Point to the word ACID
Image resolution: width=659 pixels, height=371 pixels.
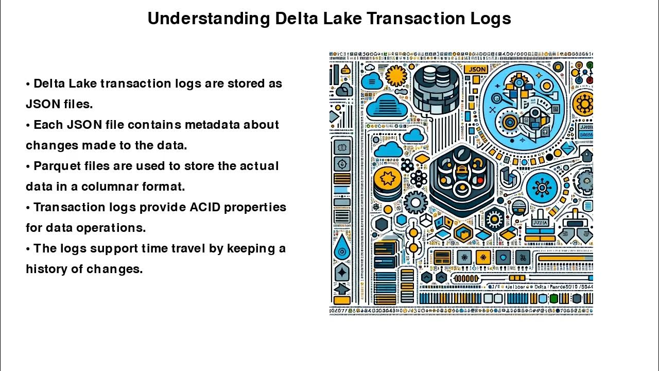click(204, 207)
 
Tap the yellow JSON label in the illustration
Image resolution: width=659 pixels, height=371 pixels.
click(476, 69)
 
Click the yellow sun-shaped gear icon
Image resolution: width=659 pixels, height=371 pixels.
click(396, 76)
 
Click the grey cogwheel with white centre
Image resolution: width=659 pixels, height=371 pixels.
click(415, 202)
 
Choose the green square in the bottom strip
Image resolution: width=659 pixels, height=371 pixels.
click(553, 299)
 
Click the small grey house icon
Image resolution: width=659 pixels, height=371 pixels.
click(586, 154)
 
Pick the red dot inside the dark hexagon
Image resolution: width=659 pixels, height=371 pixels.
click(480, 180)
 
